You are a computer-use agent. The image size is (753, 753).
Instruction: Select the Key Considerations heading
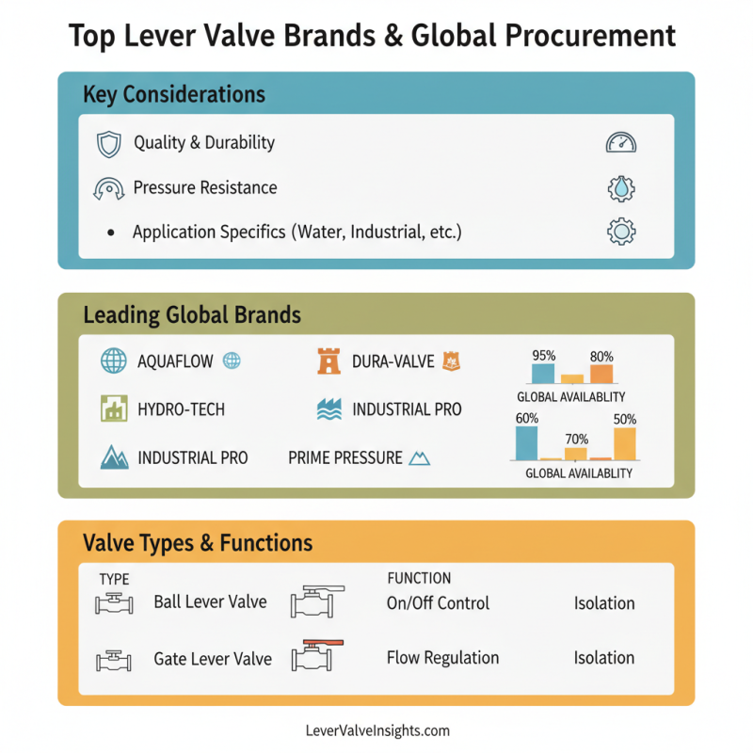(174, 95)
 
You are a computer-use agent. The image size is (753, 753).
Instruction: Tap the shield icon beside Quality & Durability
(109, 144)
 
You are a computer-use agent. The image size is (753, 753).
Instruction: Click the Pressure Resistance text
(205, 187)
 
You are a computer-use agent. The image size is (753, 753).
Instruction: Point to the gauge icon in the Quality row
(621, 143)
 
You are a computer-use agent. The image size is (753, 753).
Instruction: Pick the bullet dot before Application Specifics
(111, 232)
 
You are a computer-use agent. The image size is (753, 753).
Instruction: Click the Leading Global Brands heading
(192, 314)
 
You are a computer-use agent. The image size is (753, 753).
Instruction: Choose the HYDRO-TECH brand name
(182, 409)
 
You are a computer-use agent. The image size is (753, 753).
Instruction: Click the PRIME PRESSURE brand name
(345, 458)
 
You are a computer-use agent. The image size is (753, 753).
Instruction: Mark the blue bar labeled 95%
(542, 373)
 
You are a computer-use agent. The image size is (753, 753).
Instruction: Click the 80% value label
(601, 357)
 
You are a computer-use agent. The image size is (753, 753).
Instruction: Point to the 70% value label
(576, 439)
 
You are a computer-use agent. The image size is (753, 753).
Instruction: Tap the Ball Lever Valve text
(210, 602)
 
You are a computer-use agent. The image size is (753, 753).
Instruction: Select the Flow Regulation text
(442, 658)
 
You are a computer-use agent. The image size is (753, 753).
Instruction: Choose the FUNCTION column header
(419, 578)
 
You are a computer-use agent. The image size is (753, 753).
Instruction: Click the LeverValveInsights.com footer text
(376, 730)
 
